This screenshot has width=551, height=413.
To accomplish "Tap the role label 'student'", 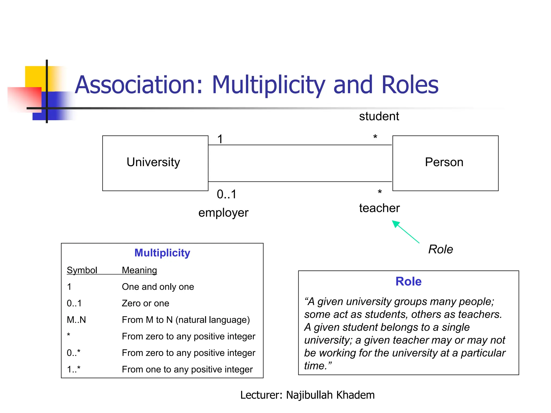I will click(379, 116).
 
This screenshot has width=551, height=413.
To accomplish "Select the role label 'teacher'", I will click(379, 208).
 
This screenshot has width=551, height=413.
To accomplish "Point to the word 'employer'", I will click(223, 213).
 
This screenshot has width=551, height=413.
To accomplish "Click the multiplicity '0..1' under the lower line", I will click(227, 194).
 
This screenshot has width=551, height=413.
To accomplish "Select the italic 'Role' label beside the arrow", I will click(440, 249).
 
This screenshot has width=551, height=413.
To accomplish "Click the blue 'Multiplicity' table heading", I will click(162, 253).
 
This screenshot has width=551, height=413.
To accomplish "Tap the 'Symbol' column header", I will click(82, 270).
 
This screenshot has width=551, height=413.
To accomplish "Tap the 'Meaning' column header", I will click(139, 270).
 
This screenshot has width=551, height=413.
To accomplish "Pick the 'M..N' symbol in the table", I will click(76, 320).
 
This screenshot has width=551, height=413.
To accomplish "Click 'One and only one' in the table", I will click(158, 287).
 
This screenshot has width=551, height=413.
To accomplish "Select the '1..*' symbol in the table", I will click(73, 369).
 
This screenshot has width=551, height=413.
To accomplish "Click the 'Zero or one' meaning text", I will click(146, 303).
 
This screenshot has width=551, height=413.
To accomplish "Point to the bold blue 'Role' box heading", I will click(408, 282).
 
